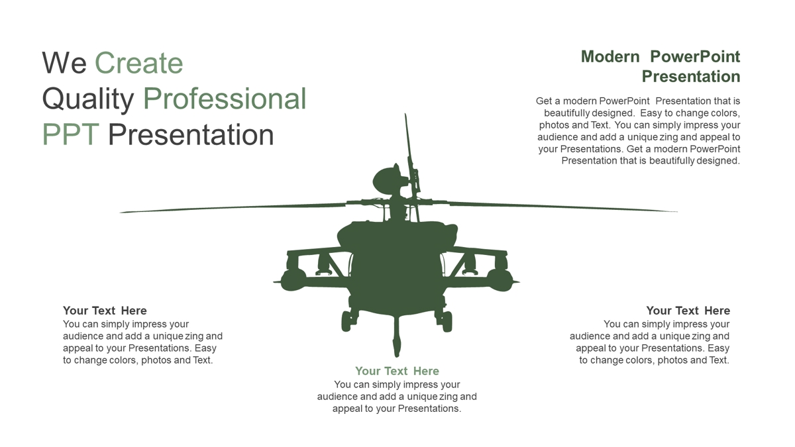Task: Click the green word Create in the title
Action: coord(138,63)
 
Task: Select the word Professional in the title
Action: coord(225,99)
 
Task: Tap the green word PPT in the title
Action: coord(70,135)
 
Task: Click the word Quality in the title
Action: coord(87,100)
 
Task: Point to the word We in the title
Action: coord(64,63)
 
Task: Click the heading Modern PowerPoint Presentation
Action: coord(661,67)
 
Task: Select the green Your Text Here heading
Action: coord(397,371)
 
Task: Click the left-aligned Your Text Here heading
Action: coord(105,311)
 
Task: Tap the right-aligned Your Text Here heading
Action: coord(688,311)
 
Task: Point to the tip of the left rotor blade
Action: coord(120,213)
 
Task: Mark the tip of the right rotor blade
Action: coord(677,211)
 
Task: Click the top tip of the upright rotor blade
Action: coord(405,114)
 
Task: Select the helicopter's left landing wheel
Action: coord(346,321)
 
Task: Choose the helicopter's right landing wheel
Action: coord(447,321)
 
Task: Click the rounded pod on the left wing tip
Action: coord(293,280)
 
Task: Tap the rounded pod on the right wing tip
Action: coord(500,280)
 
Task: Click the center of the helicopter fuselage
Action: coord(397,270)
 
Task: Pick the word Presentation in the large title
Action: coord(191,135)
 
